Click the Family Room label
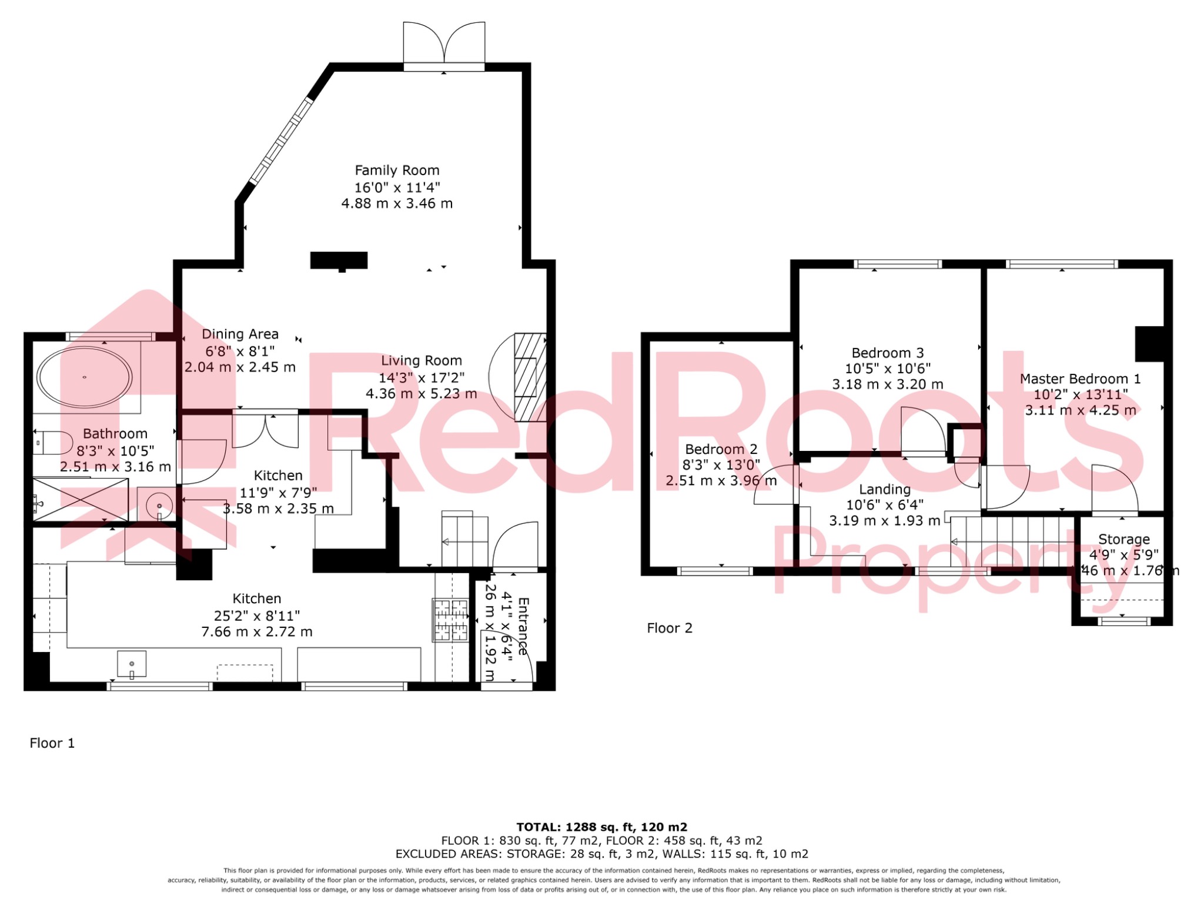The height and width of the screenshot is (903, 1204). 397,170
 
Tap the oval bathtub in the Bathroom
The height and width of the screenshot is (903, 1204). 84,377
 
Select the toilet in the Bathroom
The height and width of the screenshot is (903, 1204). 52,442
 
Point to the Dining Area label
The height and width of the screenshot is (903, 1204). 240,335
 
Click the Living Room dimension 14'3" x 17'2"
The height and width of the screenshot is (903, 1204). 421,377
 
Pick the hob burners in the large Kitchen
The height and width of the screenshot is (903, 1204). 451,620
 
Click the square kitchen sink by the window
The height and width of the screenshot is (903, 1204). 131,664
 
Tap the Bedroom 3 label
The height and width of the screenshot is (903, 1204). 887,353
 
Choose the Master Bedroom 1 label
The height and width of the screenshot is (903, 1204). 1080,379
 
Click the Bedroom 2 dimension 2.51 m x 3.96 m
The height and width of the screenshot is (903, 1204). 721,481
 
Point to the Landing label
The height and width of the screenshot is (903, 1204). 885,489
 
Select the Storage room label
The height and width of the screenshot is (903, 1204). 1123,539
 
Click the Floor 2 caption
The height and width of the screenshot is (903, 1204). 669,628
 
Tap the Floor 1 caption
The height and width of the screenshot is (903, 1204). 52,743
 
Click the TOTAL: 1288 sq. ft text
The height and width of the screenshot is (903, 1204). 601,827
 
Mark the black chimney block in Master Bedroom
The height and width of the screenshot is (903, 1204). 1149,344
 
